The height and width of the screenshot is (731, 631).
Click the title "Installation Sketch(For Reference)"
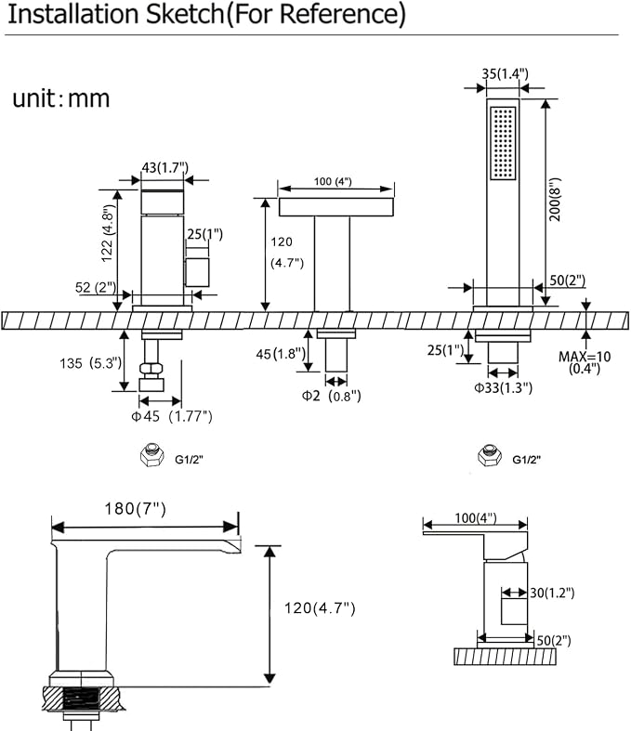click(x=206, y=14)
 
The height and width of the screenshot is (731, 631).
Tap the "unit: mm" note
click(x=61, y=98)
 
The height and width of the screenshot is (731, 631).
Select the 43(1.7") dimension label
click(x=164, y=167)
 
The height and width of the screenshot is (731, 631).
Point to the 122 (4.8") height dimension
click(x=107, y=233)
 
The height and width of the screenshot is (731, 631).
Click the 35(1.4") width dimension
click(x=506, y=74)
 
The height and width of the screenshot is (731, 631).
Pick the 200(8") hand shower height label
click(x=555, y=199)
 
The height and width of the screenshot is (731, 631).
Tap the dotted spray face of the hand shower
click(x=503, y=143)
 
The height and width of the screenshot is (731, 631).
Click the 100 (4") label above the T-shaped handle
click(x=333, y=181)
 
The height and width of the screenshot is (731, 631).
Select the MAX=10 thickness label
click(x=585, y=357)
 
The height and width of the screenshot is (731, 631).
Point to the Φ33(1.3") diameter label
click(x=503, y=387)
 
